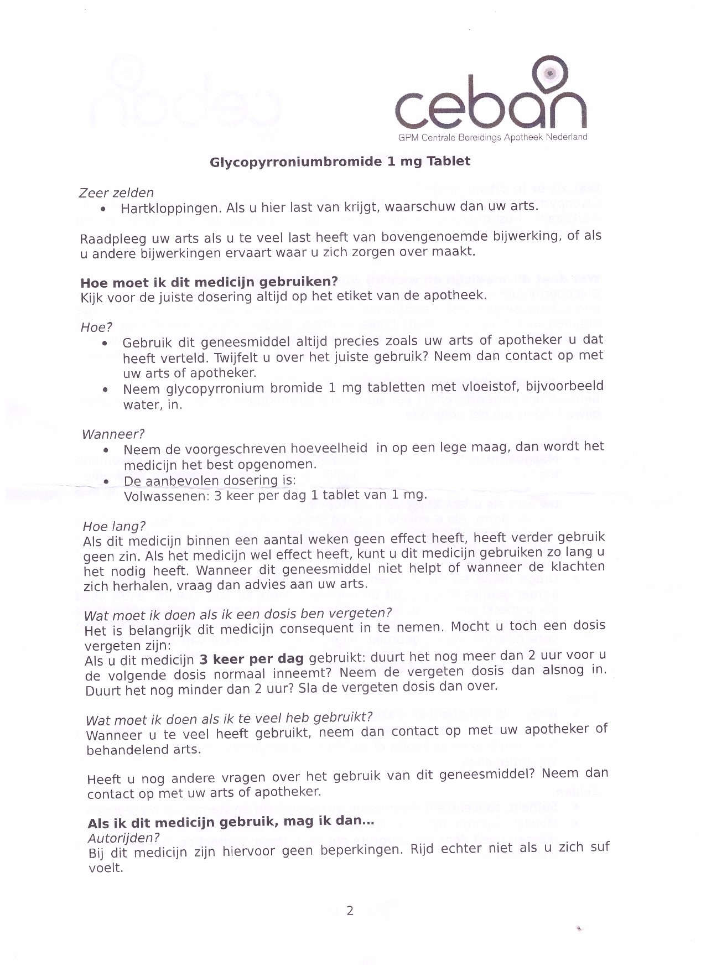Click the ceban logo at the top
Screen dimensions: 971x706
coord(490,100)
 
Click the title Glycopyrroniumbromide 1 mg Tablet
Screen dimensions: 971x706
coord(340,162)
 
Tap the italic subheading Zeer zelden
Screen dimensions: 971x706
coord(116,193)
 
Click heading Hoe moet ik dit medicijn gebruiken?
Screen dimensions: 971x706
coord(209,282)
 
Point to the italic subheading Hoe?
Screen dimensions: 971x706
coord(97,328)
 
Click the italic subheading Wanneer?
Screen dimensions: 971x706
coord(113,434)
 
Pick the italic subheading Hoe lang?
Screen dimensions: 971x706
coord(115,526)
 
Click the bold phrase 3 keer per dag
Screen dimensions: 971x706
coord(252,659)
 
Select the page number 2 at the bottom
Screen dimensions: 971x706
coord(350,911)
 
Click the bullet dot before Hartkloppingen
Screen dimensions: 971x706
coord(103,210)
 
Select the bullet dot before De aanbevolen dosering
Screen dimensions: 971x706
coord(106,481)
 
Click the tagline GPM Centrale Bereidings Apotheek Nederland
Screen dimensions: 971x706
coord(492,137)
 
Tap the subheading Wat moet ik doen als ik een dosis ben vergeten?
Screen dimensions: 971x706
coord(238,615)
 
